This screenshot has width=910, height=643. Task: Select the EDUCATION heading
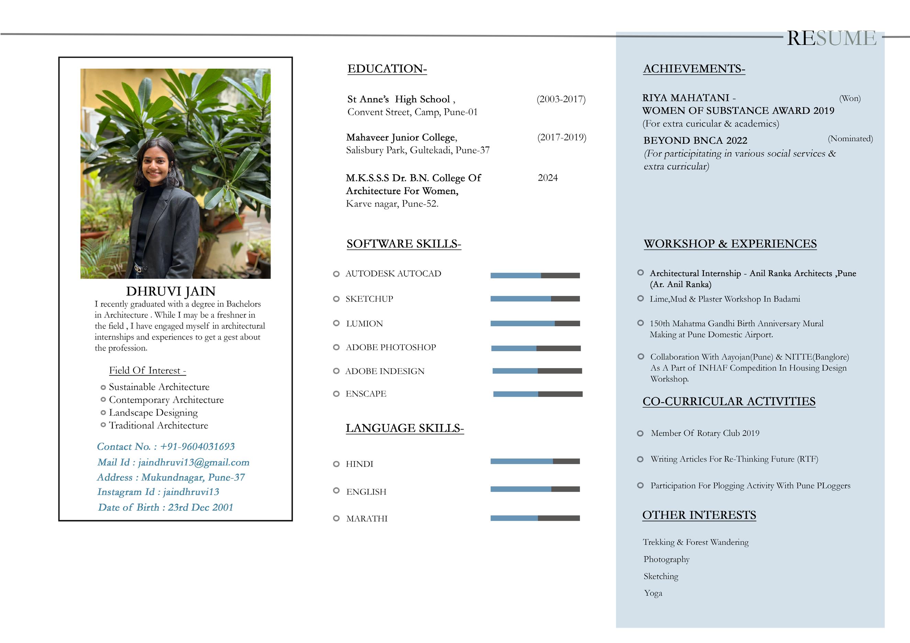(x=387, y=69)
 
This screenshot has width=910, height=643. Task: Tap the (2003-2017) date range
(x=561, y=99)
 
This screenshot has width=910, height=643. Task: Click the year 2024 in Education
(x=547, y=178)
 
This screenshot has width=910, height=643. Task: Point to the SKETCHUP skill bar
(x=535, y=299)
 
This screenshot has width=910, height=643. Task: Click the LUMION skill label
(x=364, y=323)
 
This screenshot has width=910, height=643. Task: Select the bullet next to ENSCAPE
(x=336, y=393)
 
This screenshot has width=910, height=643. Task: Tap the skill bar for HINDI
(x=535, y=461)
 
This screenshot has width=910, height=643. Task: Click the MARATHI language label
(x=367, y=519)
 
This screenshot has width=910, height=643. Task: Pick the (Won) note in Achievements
(x=850, y=98)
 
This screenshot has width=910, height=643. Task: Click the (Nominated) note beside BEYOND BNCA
(x=850, y=139)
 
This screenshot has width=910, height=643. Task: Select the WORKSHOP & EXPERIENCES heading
(x=730, y=243)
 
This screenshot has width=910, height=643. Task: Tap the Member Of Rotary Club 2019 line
(x=705, y=433)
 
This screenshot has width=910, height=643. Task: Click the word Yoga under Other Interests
(x=653, y=593)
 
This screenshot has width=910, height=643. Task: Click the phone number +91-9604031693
(x=197, y=446)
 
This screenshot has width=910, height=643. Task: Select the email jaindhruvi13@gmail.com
(x=193, y=462)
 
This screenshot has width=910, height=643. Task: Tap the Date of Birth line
(x=166, y=507)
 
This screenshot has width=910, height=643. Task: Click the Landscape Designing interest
(x=153, y=412)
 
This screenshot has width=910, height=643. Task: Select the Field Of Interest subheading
(x=147, y=370)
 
